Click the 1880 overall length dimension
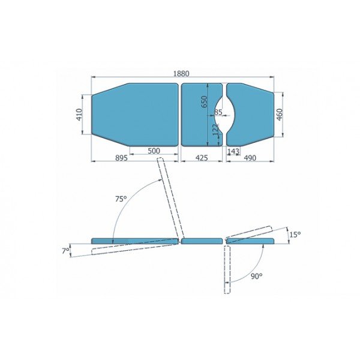pos(181,74)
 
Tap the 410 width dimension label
pos(79,115)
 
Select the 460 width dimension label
pos(279,115)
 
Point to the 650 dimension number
pos(204,102)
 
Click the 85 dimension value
pos(218,112)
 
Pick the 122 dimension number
pos(216,131)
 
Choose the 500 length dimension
pos(154,151)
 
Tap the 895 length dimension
pos(121,158)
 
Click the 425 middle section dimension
pos(202,158)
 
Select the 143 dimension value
pos(233,151)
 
